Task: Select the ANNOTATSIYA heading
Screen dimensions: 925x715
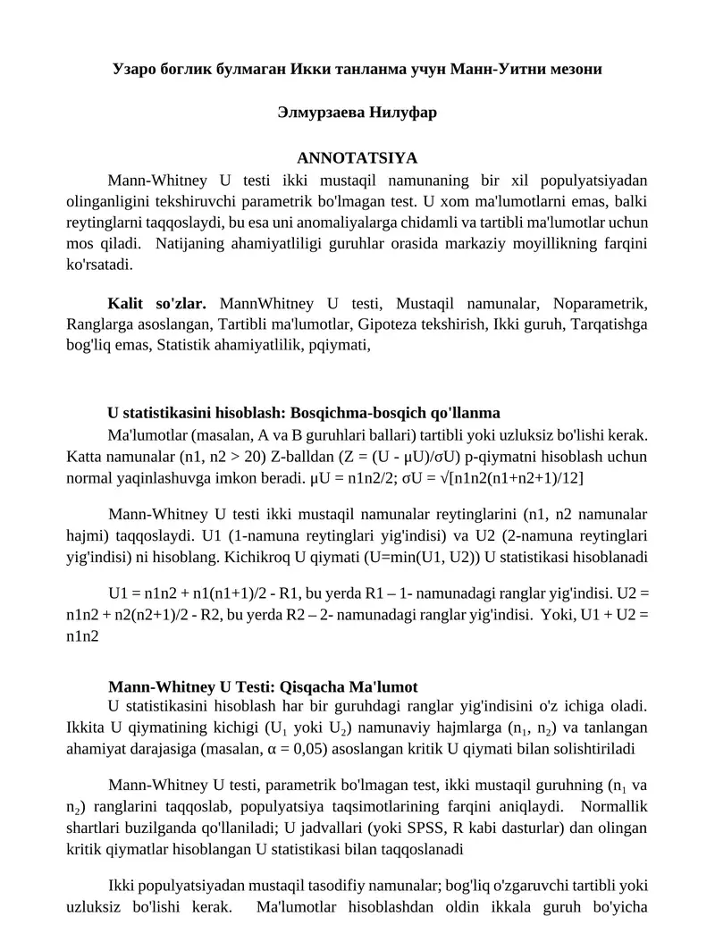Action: [357, 158]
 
